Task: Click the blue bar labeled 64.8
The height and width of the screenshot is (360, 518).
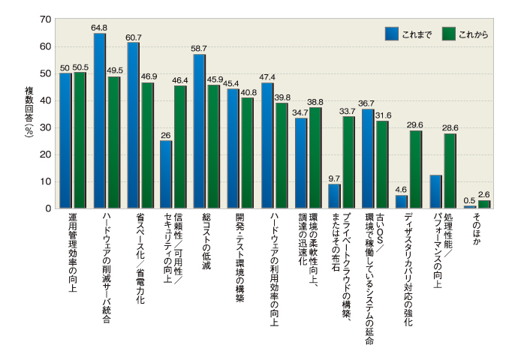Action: pos(99,121)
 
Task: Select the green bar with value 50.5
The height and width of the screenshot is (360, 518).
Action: pos(80,140)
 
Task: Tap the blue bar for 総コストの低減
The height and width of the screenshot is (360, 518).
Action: pos(199,131)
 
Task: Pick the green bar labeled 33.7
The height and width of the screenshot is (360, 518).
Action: pos(348,162)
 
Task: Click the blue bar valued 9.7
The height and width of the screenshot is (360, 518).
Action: pos(334,196)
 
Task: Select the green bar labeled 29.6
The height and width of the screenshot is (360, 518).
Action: pos(415,169)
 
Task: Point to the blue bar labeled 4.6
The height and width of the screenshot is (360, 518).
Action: pos(402,201)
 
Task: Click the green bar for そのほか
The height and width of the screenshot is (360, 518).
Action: pos(483,204)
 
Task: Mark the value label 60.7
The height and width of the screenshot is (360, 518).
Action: pos(134,37)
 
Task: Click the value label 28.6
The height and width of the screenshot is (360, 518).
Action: pos(450,128)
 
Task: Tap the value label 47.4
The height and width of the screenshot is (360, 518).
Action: pos(267,76)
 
